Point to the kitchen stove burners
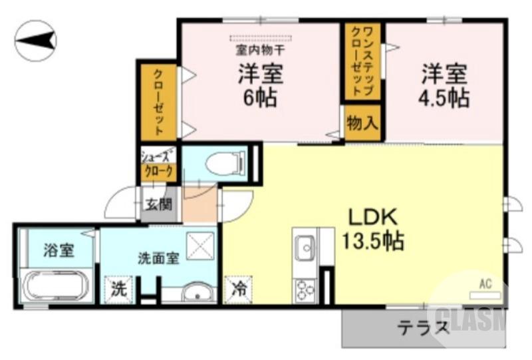305,291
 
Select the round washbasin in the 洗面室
198,294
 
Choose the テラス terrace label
424,327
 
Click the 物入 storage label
362,123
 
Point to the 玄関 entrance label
159,203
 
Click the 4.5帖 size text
444,98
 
